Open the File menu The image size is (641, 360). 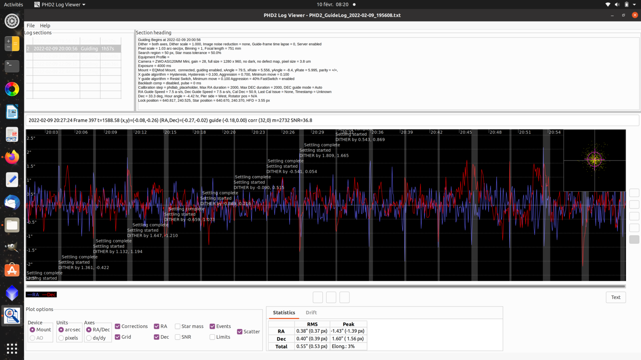point(30,26)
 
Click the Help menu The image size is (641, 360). point(45,26)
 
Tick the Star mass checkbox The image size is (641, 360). point(178,326)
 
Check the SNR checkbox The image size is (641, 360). point(178,337)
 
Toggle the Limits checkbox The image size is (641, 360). point(212,337)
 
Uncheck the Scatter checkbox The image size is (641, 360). point(240,331)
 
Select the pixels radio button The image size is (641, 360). point(61,338)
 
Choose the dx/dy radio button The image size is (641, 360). point(89,338)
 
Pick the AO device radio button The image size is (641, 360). point(32,338)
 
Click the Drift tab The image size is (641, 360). point(311,313)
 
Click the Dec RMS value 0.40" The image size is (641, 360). point(312,339)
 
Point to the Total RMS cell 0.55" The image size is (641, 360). point(312,346)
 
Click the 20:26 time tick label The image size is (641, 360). point(288,132)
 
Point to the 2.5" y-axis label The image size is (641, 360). point(31,138)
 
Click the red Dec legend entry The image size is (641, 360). point(49,295)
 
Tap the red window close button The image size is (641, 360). point(635,15)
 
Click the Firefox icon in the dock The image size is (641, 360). point(12,157)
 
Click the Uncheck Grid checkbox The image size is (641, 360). point(118,337)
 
